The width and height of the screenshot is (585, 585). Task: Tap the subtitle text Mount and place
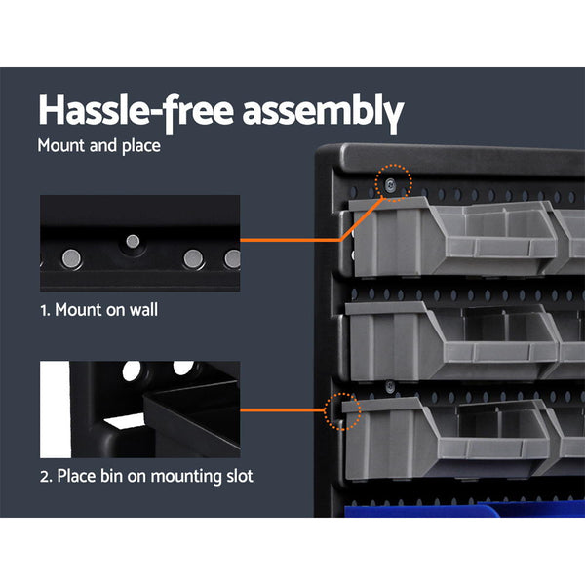[98, 147]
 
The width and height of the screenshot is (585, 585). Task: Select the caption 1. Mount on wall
[98, 311]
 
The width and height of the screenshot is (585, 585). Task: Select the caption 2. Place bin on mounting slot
[146, 477]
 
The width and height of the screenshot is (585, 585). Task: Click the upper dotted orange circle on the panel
[395, 181]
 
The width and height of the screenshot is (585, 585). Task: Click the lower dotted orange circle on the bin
[343, 411]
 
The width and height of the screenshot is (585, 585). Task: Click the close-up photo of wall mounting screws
[139, 243]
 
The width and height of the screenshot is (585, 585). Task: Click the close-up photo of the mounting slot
[139, 409]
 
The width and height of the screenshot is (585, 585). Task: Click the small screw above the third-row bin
[389, 384]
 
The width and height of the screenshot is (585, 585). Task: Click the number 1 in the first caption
[44, 311]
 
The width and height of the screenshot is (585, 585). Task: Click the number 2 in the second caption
[45, 477]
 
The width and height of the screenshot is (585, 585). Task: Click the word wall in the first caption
[141, 311]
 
